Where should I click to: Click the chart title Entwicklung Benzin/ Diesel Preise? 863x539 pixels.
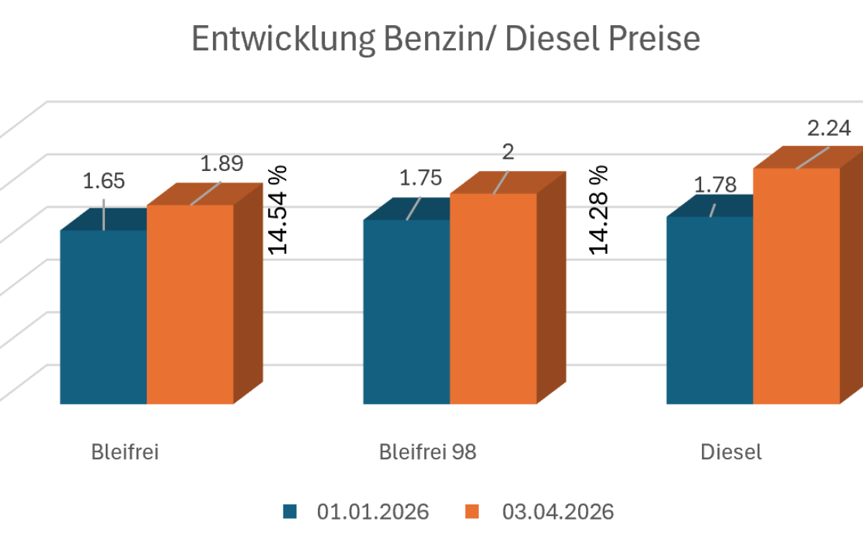446,40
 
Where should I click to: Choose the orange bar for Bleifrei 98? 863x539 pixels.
493,298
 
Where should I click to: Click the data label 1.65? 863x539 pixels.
104,181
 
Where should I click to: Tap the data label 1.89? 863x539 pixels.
222,164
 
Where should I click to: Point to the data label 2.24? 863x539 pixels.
829,129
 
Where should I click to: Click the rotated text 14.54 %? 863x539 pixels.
278,209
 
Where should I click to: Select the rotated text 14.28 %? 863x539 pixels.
599,209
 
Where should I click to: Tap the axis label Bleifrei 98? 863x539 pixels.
428,452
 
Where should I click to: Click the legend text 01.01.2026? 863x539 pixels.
373,512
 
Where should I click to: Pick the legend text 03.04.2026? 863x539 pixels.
558,512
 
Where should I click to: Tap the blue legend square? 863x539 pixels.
290,512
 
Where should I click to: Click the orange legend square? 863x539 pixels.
472,512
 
